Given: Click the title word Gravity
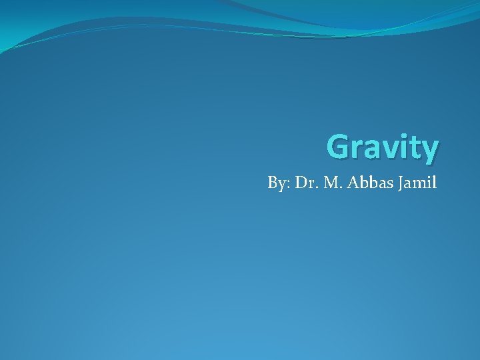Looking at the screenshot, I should click(383, 147).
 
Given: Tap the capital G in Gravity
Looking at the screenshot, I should click(341, 147).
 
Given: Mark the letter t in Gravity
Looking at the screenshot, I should click(415, 148).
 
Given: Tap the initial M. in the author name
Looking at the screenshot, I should click(329, 181).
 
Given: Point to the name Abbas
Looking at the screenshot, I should click(363, 181).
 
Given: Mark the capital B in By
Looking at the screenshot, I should click(272, 181).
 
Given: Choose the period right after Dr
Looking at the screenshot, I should click(313, 187).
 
